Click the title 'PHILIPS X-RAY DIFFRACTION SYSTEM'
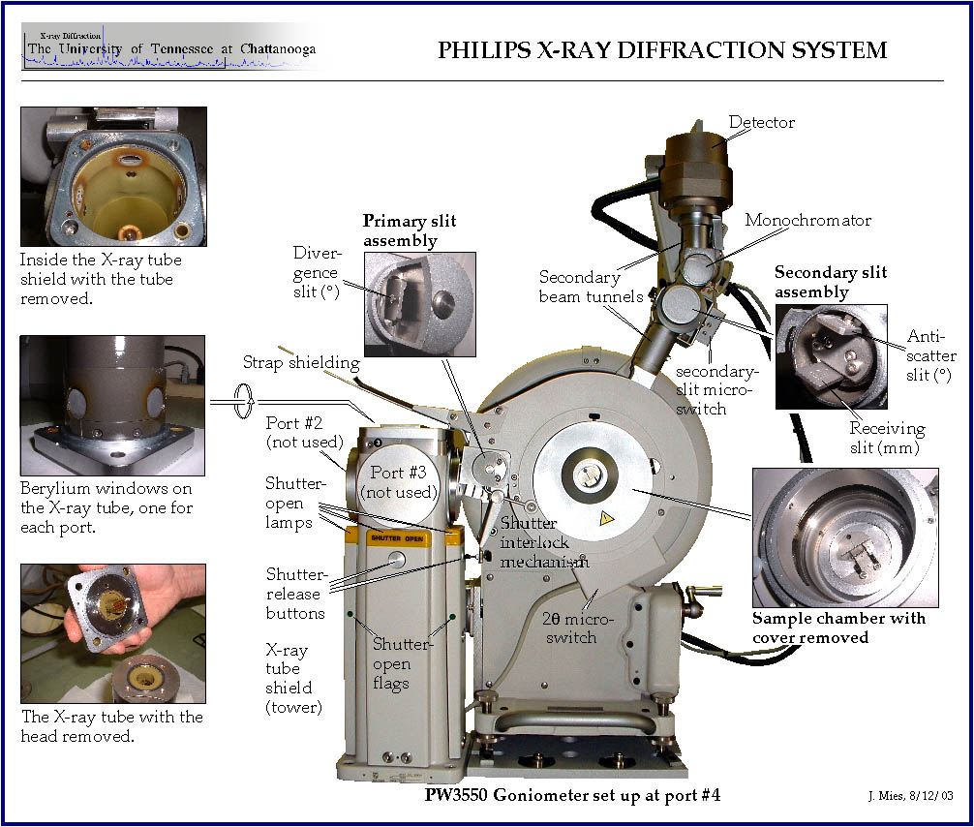click(x=662, y=50)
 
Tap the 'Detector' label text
click(x=761, y=123)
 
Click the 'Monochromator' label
click(x=807, y=220)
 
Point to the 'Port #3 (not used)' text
click(x=399, y=483)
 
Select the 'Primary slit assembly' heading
click(x=409, y=230)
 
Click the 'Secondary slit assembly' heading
click(x=831, y=282)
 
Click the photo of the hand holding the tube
click(x=113, y=633)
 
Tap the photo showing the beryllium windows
click(x=113, y=405)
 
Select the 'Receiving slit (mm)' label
click(x=887, y=437)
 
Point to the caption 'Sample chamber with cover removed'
click(x=838, y=628)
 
